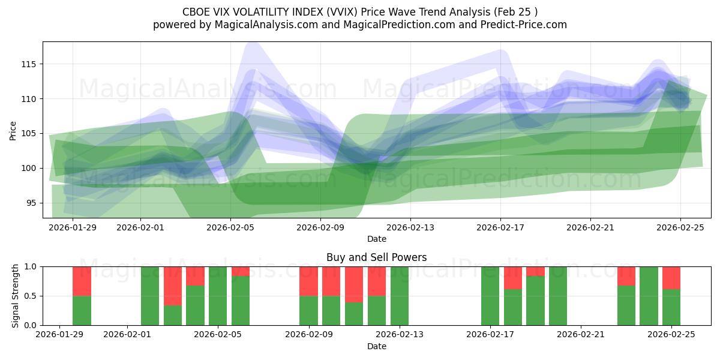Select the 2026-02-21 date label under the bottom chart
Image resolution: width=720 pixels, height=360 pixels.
tap(581, 335)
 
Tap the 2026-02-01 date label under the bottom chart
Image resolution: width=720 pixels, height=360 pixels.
tap(128, 335)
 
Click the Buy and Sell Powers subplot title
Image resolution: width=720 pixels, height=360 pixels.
tap(376, 257)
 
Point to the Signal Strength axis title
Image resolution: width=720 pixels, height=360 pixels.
tap(16, 296)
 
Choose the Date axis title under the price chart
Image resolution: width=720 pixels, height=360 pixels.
tap(376, 239)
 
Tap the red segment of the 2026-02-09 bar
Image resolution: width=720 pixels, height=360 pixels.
tap(308, 281)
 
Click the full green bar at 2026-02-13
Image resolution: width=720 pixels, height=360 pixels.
tap(399, 296)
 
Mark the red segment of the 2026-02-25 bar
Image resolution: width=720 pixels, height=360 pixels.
tap(671, 278)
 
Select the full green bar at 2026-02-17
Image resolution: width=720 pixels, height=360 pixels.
tap(490, 296)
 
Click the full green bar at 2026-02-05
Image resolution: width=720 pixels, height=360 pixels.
tap(218, 296)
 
